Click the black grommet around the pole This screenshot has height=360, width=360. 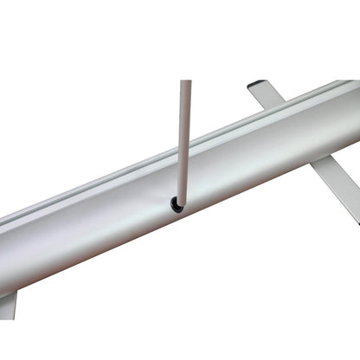(x=177, y=204)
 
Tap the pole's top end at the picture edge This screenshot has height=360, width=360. (x=185, y=82)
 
